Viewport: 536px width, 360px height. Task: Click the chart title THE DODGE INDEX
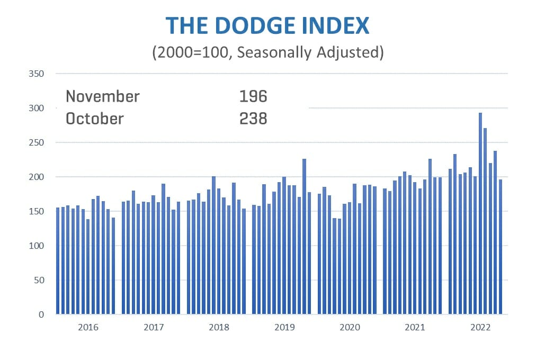pyautogui.click(x=267, y=25)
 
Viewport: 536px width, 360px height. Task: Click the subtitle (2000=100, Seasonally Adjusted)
pyautogui.click(x=267, y=53)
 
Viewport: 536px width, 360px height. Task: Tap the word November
pyautogui.click(x=103, y=96)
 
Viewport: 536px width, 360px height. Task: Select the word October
pyautogui.click(x=94, y=119)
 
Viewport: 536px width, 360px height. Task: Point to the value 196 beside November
pyautogui.click(x=253, y=96)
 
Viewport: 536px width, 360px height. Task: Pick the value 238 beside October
pyautogui.click(x=253, y=119)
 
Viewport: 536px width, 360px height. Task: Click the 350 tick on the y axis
pyautogui.click(x=37, y=74)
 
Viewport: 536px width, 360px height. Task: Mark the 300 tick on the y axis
pyautogui.click(x=37, y=108)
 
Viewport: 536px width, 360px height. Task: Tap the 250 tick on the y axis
pyautogui.click(x=37, y=142)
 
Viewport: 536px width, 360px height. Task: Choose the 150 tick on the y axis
pyautogui.click(x=37, y=211)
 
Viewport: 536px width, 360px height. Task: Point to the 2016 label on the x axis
pyautogui.click(x=88, y=328)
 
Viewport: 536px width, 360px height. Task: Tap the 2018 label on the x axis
pyautogui.click(x=219, y=328)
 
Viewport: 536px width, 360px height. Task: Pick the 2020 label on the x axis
pyautogui.click(x=350, y=328)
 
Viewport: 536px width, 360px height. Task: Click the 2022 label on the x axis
pyautogui.click(x=480, y=328)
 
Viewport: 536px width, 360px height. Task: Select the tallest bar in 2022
pyautogui.click(x=480, y=212)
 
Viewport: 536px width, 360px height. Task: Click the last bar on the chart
pyautogui.click(x=501, y=246)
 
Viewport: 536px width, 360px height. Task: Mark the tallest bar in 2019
pyautogui.click(x=305, y=236)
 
